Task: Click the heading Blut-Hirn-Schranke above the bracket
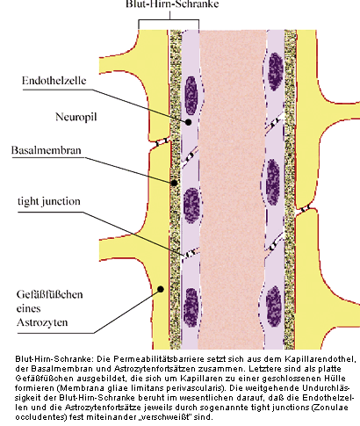coord(172,4)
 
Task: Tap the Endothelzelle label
coord(54,81)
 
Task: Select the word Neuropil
coord(76,117)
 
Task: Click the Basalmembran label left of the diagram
coord(47,150)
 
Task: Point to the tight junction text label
coord(49,201)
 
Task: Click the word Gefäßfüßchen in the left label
coord(50,294)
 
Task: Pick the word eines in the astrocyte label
coord(29,308)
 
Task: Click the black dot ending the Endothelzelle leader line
coord(189,122)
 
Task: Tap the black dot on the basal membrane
coord(174,183)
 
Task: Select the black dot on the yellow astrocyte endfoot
coord(161,289)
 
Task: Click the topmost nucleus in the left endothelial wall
coord(191,96)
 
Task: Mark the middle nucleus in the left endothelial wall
coord(192,206)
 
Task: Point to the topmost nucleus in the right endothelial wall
coord(276,72)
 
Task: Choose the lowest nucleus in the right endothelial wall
coord(274,307)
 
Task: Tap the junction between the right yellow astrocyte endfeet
coord(305,209)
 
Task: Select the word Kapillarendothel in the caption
coord(320,359)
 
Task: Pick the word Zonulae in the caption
coord(335,408)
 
